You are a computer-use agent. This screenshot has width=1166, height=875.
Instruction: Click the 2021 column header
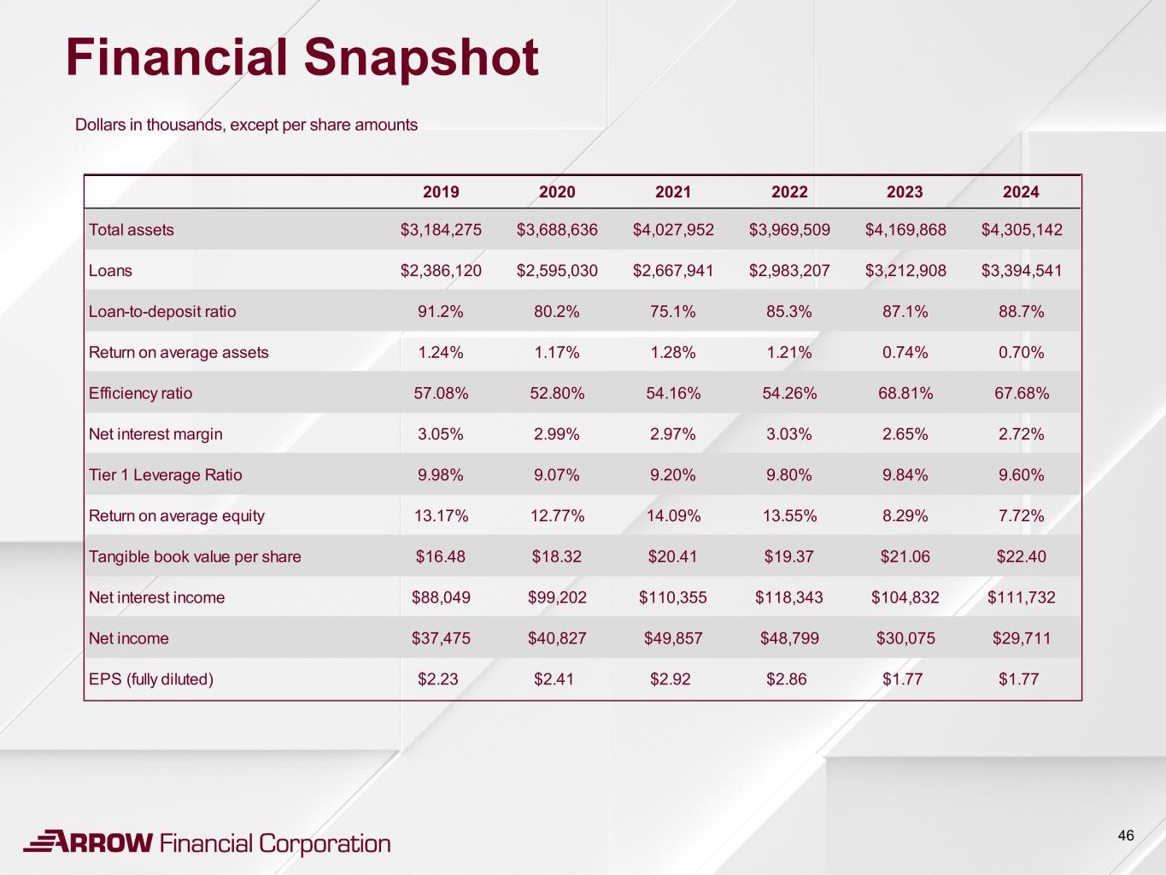pos(673,192)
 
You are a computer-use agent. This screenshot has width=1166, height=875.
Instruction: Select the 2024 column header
pos(1021,192)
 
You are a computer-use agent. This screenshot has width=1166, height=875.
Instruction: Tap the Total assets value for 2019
pos(441,230)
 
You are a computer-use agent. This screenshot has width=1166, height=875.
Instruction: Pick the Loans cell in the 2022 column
pos(789,271)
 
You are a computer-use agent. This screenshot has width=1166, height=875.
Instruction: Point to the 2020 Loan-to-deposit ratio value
pos(557,312)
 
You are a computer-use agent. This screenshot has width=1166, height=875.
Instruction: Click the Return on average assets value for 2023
pos(905,353)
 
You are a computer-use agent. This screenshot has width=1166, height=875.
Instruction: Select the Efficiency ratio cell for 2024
pos(1021,393)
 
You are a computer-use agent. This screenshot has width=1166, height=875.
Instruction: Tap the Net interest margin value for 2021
pos(673,434)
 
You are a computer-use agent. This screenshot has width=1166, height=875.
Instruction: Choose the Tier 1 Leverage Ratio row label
pos(166,475)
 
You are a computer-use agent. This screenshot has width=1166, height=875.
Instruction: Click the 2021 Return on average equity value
pos(673,516)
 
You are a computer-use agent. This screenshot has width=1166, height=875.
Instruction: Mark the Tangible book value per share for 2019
pos(441,557)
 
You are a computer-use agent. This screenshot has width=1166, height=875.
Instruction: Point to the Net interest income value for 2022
pos(789,597)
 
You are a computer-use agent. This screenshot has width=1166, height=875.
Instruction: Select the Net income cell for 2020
pos(557,638)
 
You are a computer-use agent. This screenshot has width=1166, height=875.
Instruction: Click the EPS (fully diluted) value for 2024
pos(1018,679)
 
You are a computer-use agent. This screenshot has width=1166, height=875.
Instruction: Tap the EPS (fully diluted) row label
pos(151,679)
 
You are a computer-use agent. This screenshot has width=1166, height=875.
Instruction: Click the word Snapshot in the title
pos(420,58)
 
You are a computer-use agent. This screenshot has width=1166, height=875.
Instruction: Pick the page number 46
pos(1126,836)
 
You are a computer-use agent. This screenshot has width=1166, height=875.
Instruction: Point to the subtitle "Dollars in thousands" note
pos(246,125)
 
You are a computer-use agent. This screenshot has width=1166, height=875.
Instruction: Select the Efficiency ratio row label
pos(141,393)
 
